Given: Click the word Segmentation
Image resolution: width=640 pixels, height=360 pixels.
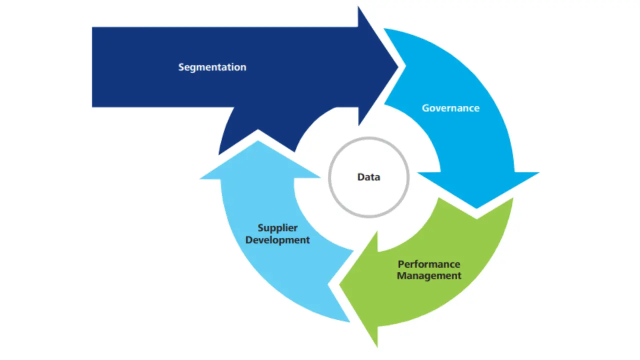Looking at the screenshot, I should [x=212, y=67].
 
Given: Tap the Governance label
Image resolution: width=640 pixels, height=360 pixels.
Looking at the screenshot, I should [x=450, y=108].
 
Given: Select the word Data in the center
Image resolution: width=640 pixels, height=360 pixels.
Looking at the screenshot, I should [x=368, y=177].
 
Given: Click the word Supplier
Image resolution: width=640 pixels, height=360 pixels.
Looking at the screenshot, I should [x=277, y=228].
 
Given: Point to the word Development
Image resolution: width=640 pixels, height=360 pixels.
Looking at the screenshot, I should [x=277, y=240].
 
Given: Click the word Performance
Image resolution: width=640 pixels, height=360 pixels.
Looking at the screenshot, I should [x=429, y=264].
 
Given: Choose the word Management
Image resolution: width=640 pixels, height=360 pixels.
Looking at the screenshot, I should [x=429, y=275].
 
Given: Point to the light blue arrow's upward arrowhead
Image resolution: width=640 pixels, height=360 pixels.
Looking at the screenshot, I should [x=257, y=150].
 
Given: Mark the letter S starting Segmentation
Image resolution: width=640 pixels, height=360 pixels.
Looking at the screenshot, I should [x=181, y=67].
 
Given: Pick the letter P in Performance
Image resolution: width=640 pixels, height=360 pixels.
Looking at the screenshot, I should [x=400, y=264].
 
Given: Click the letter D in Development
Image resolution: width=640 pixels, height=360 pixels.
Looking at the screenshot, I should [x=248, y=240].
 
